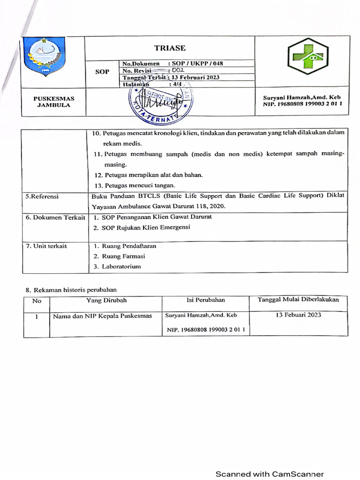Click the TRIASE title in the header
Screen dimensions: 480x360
coord(170,48)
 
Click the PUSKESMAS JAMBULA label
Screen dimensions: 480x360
coord(53,102)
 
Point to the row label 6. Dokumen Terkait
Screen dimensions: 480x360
coord(55,217)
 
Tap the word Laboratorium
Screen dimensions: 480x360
coord(123,266)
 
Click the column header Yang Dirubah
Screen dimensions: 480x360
coord(106,300)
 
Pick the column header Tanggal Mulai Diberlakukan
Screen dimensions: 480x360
coord(298,300)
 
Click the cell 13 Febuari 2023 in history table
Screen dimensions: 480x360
coord(298,315)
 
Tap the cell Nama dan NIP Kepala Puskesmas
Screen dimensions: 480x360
coord(102,316)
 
